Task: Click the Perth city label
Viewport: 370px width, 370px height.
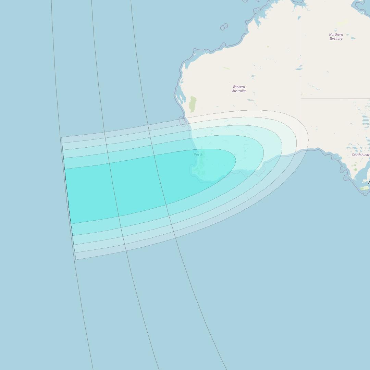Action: click(198, 155)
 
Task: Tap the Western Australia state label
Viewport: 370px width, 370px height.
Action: click(239, 89)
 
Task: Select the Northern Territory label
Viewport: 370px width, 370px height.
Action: click(336, 37)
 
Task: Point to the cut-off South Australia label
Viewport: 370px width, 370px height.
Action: click(361, 155)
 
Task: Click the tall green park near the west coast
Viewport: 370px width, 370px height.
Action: click(193, 104)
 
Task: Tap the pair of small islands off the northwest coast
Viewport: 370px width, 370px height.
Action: click(224, 27)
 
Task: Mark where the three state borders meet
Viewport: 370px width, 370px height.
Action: click(301, 99)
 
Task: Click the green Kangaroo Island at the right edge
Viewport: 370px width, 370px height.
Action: click(364, 188)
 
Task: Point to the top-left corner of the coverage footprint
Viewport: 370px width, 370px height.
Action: click(62, 138)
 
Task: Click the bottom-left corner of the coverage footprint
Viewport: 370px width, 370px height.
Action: click(76, 259)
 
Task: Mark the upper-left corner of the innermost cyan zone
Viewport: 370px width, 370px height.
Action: click(65, 169)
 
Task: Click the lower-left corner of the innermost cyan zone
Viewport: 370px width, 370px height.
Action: click(71, 224)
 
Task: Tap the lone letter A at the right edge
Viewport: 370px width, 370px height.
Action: click(369, 183)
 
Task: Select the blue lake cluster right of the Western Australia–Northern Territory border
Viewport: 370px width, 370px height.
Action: click(299, 67)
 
